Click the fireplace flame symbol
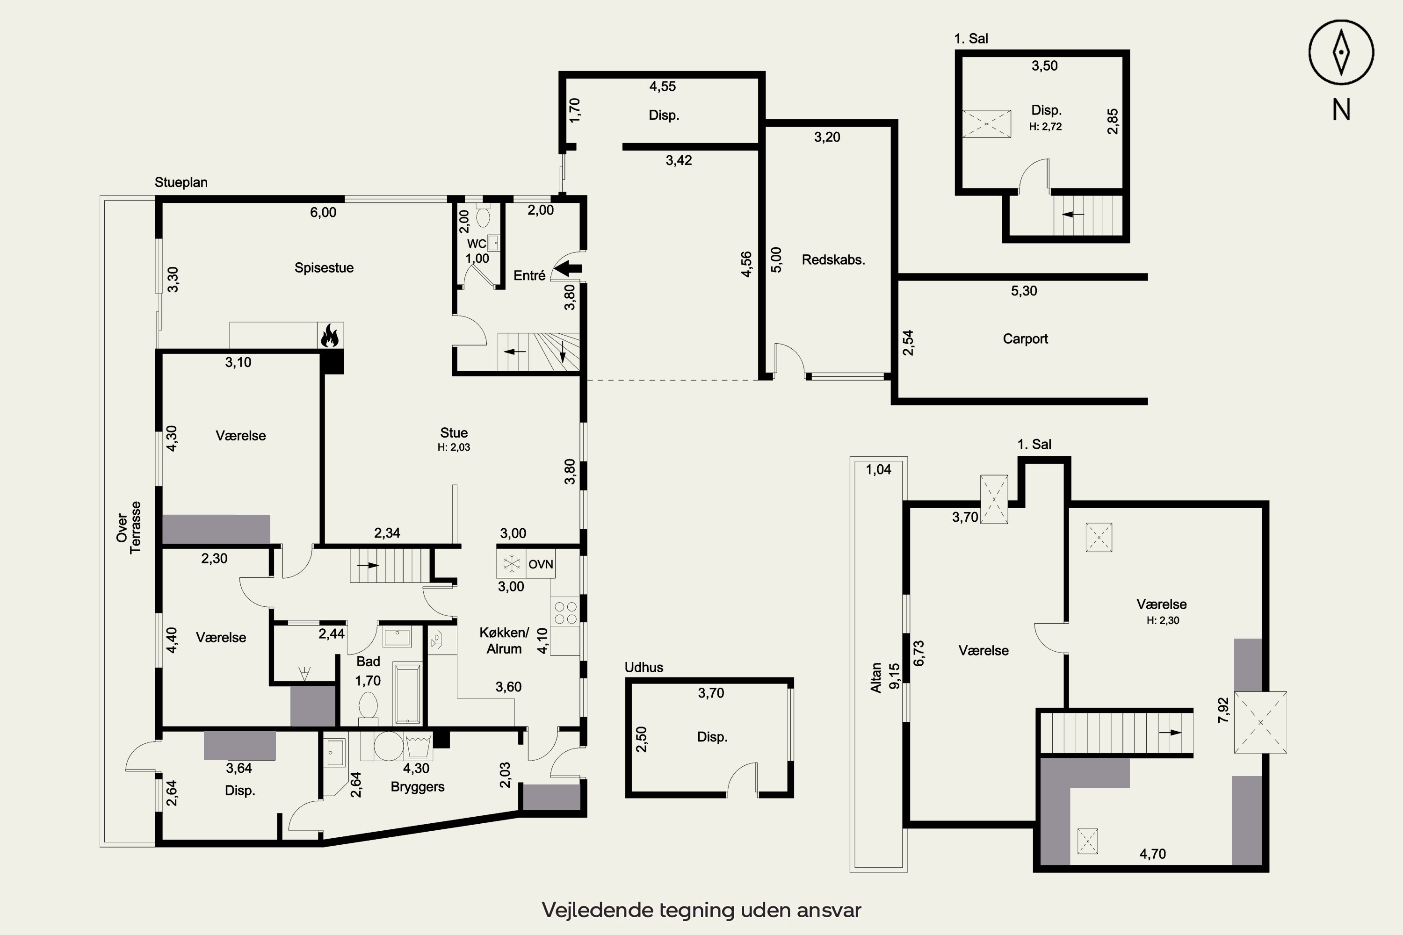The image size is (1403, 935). click(x=330, y=336)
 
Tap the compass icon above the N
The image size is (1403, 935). click(x=1341, y=52)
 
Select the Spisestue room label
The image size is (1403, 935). click(x=324, y=268)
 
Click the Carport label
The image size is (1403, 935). click(x=1025, y=338)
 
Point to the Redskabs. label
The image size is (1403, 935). click(x=833, y=260)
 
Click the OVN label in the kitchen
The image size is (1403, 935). click(x=541, y=564)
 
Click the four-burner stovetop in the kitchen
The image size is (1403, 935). click(x=565, y=613)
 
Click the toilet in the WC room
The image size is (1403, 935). click(x=483, y=216)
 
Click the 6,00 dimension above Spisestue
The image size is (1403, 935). click(x=323, y=212)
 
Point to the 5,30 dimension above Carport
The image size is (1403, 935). click(x=1024, y=291)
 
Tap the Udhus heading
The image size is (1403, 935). click(x=644, y=667)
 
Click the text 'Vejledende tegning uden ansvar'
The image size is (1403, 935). click(x=701, y=910)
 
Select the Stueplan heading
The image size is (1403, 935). click(x=181, y=182)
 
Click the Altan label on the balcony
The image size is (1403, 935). click(x=875, y=678)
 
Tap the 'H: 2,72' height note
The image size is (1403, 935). click(x=1045, y=126)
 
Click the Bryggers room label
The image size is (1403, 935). click(x=418, y=787)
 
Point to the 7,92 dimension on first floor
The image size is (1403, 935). click(x=1223, y=710)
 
